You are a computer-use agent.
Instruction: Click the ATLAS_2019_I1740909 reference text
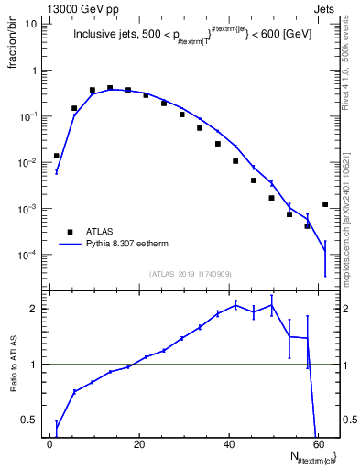(191, 273)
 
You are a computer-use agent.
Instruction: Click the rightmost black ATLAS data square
(325, 204)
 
